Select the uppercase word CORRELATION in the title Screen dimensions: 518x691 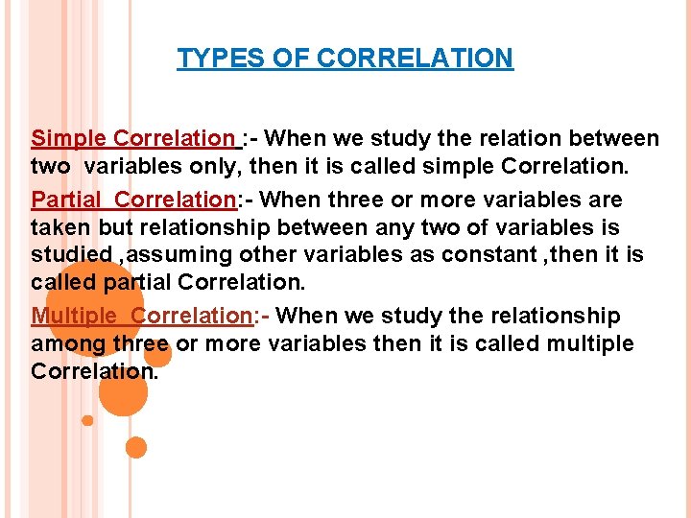point(415,59)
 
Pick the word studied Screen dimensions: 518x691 point(70,256)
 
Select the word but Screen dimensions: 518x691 point(119,228)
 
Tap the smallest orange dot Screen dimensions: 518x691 point(87,420)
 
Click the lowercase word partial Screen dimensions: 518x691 point(134,284)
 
